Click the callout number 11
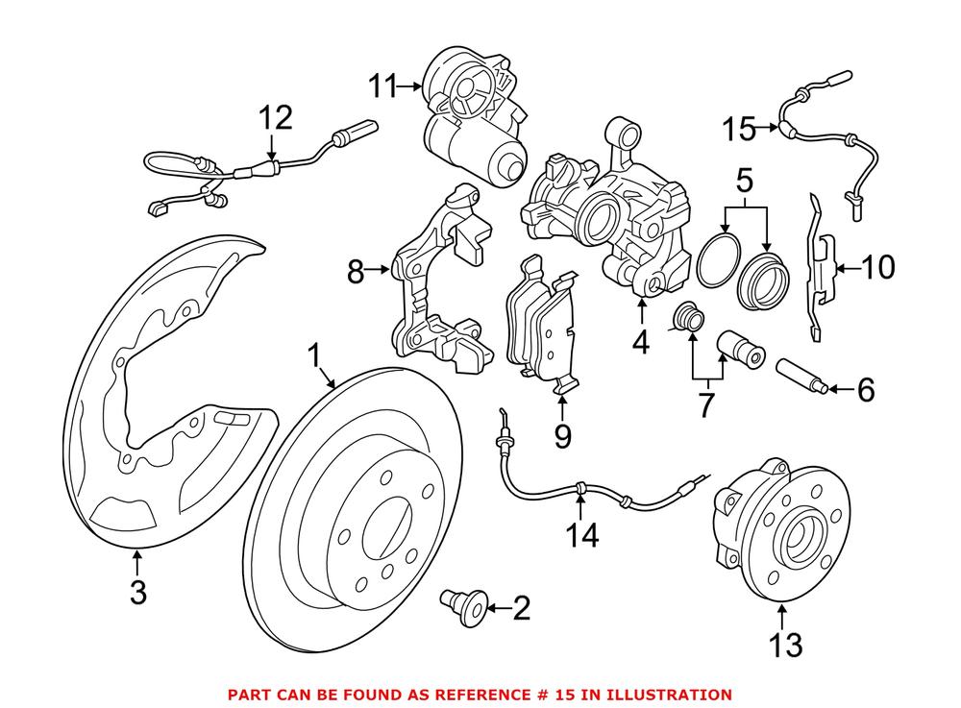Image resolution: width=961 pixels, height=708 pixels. tap(382, 87)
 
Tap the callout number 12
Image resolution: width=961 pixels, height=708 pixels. tap(273, 119)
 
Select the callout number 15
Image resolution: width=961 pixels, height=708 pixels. tap(741, 127)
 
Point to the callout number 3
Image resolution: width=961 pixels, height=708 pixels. tap(137, 592)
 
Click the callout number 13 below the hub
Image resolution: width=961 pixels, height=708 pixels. tap(785, 644)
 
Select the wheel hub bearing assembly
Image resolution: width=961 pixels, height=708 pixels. tap(778, 528)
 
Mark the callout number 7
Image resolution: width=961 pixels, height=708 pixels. tap(706, 404)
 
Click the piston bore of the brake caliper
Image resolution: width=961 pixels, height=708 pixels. tap(596, 208)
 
